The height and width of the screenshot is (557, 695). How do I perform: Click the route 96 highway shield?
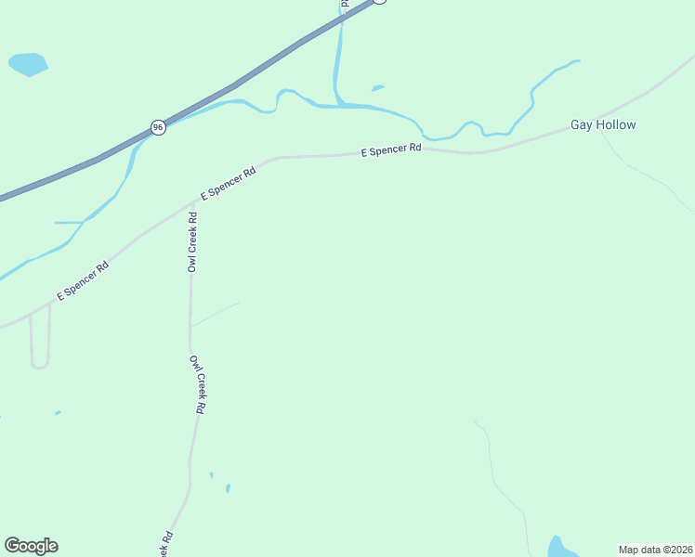159,127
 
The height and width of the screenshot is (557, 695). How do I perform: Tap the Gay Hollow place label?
603,124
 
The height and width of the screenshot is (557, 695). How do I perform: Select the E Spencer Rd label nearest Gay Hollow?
391,149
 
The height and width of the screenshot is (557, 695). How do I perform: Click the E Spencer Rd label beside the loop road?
83,281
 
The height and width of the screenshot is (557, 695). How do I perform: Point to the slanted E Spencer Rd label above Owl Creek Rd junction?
228,184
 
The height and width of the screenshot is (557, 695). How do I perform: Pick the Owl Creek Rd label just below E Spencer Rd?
192,242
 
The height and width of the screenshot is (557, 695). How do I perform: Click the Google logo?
31,546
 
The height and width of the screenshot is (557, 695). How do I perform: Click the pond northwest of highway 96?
27,64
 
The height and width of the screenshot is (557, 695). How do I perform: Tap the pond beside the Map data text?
557,547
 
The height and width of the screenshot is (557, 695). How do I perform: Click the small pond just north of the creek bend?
377,88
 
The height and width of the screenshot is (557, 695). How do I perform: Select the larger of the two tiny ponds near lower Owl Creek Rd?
228,487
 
